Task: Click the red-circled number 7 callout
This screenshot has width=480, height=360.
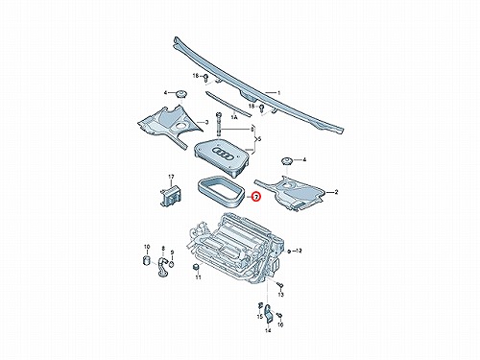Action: pos(256,197)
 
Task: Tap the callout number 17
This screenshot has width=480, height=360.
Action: pos(171,177)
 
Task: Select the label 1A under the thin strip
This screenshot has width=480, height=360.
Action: pos(234,117)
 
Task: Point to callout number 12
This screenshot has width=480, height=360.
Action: pos(299,251)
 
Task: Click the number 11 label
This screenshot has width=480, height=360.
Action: pos(199,277)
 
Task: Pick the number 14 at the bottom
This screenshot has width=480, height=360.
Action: pos(268,330)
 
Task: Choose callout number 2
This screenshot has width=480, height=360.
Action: pos(336,192)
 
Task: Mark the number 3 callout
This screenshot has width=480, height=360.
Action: pos(206,122)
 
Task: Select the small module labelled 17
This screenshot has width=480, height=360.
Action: pos(171,194)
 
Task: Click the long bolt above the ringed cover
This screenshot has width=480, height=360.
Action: pos(219,124)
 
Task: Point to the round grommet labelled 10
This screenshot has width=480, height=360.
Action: pos(147,260)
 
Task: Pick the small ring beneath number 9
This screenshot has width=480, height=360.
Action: pos(172,264)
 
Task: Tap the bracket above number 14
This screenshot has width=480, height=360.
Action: pos(269,314)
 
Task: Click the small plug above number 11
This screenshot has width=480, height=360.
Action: pos(196,267)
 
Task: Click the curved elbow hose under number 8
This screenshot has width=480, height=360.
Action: pos(162,268)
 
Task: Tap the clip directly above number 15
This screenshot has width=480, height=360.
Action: pos(260,305)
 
